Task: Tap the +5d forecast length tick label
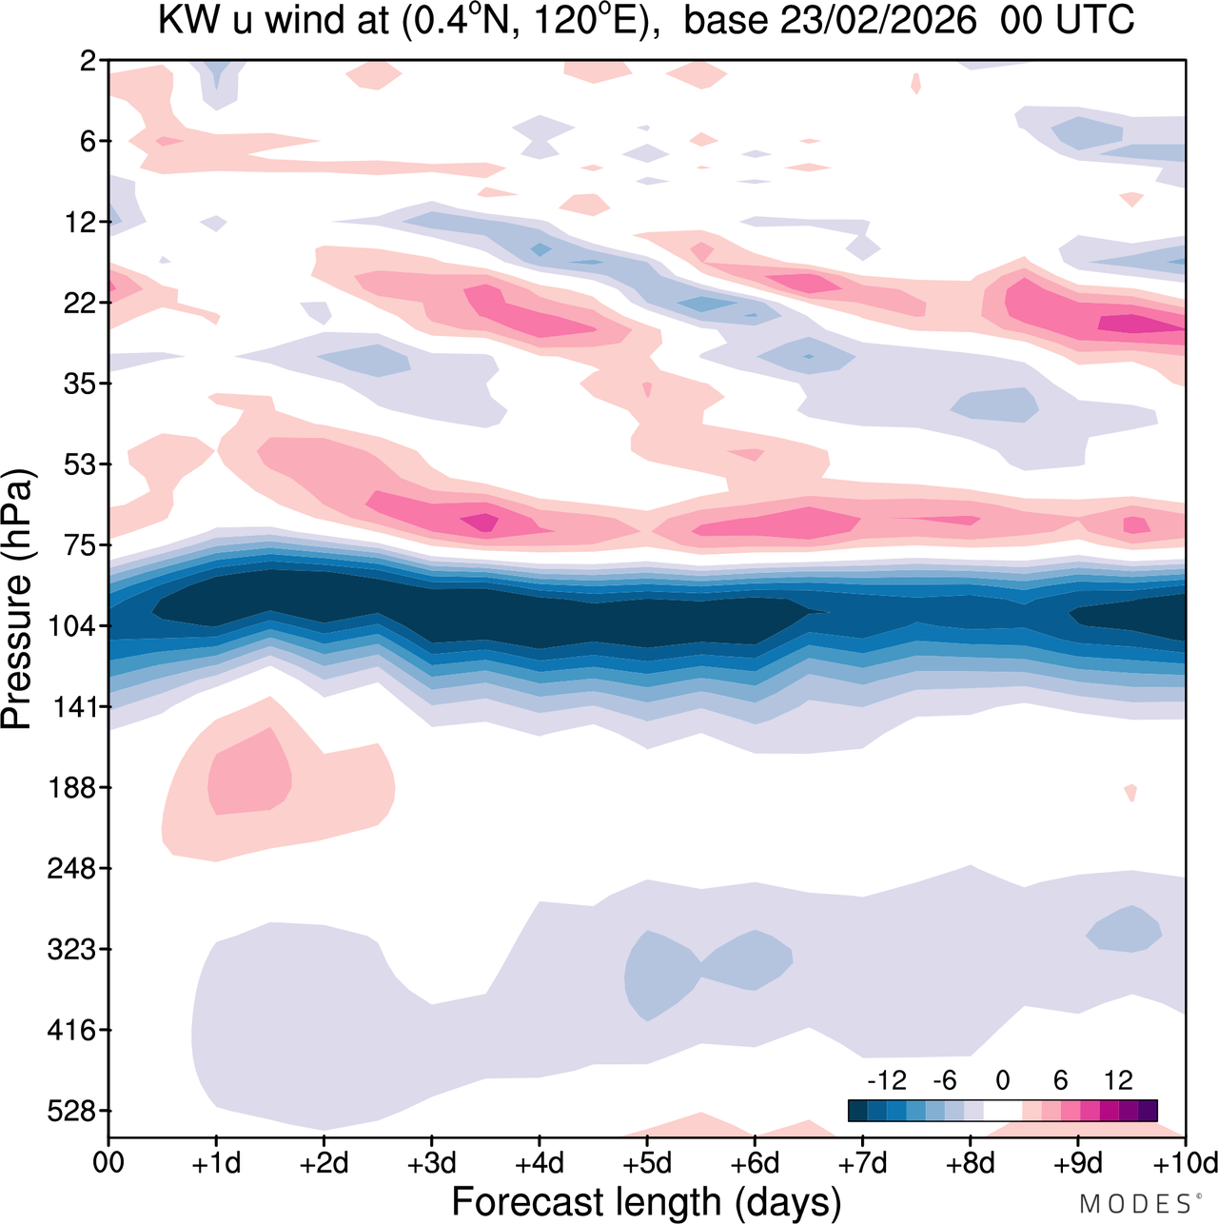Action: point(646,1164)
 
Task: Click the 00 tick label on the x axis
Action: point(108,1164)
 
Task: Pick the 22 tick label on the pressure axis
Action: point(82,304)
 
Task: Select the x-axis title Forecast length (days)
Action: point(646,1201)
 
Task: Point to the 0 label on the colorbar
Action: point(1002,1080)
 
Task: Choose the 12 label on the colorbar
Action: point(1118,1080)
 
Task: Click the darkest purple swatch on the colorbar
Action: point(1148,1110)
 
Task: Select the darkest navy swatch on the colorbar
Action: point(857,1110)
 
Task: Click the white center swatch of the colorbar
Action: point(1002,1110)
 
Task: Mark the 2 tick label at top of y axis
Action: point(88,61)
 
